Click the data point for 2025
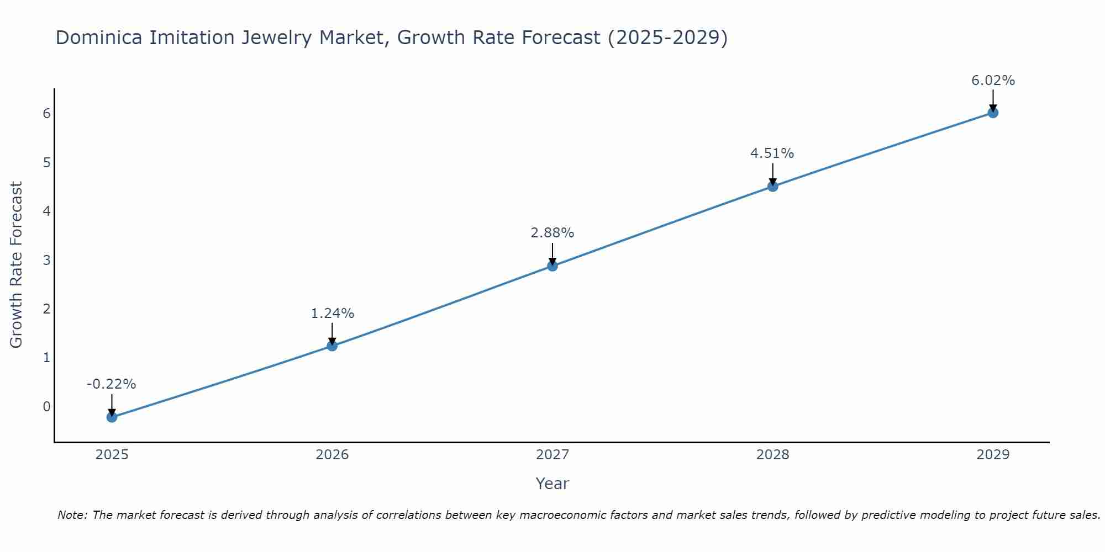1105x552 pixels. pyautogui.click(x=112, y=417)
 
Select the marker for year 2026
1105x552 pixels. pyautogui.click(x=332, y=346)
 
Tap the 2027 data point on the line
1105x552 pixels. pyautogui.click(x=552, y=266)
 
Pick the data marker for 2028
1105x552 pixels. pyautogui.click(x=773, y=187)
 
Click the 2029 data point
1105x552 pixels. pyautogui.click(x=993, y=113)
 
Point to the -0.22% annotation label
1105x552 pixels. pyautogui.click(x=112, y=384)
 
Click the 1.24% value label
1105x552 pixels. pyautogui.click(x=332, y=314)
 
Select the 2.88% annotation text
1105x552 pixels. pyautogui.click(x=552, y=233)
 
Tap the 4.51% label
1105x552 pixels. pyautogui.click(x=772, y=153)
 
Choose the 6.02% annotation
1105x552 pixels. pyautogui.click(x=993, y=81)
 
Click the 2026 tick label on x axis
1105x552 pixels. pyautogui.click(x=332, y=455)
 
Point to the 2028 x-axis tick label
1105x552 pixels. pyautogui.click(x=773, y=455)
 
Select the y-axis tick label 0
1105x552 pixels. pyautogui.click(x=46, y=407)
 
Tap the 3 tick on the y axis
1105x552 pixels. pyautogui.click(x=46, y=260)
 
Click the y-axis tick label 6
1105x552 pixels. pyautogui.click(x=46, y=113)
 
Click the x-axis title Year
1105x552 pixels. pyautogui.click(x=552, y=484)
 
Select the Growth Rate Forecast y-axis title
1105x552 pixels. pyautogui.click(x=17, y=265)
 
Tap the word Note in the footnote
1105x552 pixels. pyautogui.click(x=72, y=515)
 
